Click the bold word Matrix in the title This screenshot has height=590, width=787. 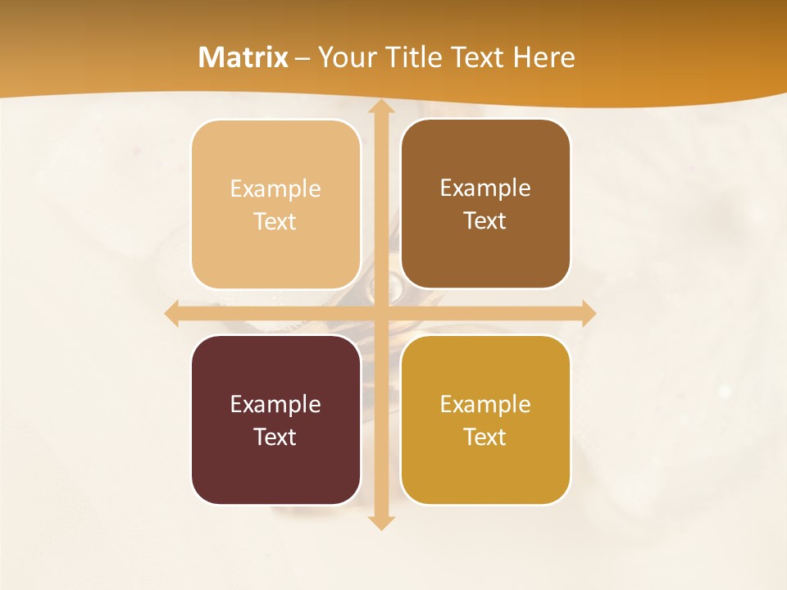[x=243, y=57]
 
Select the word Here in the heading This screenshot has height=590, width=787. [x=544, y=57]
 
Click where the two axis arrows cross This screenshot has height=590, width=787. [x=380, y=313]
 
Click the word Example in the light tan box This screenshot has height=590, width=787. [x=275, y=189]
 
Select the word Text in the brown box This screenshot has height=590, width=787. [x=485, y=221]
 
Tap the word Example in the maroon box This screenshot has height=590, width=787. [x=275, y=404]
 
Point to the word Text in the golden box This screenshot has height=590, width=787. [x=485, y=437]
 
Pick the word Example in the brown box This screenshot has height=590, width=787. [x=485, y=188]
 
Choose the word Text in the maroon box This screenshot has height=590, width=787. [x=275, y=437]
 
